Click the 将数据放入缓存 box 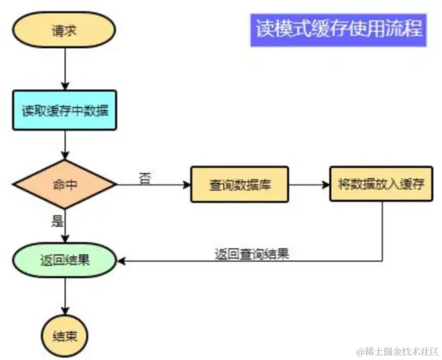pyautogui.click(x=381, y=185)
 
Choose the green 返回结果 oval pyautogui.click(x=65, y=261)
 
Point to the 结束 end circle pyautogui.click(x=65, y=335)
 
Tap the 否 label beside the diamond pyautogui.click(x=145, y=176)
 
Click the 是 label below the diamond pyautogui.click(x=57, y=221)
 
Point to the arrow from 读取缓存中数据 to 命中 pyautogui.click(x=65, y=147)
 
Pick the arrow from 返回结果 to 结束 pyautogui.click(x=65, y=297)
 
